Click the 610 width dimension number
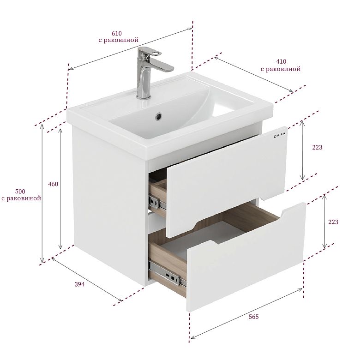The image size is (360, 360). coord(117,34)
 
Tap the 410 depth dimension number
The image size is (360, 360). coord(281,61)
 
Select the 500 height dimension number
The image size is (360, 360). coord(20,191)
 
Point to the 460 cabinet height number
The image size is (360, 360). coord(53,184)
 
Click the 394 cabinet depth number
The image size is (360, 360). coord(79,284)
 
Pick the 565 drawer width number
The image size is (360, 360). coord(254,317)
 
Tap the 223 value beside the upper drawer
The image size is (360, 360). coord(317,147)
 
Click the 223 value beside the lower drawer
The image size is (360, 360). coord(333,222)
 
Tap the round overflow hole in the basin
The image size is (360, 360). coord(159,116)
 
